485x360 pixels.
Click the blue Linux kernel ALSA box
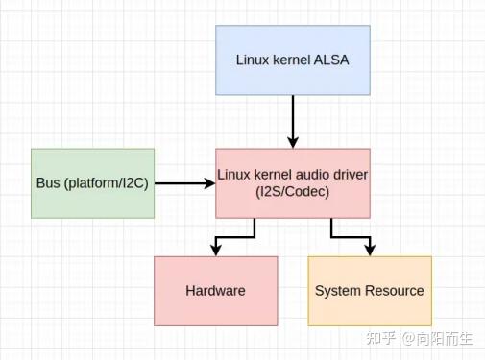coord(292,60)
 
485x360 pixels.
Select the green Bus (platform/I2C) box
coord(92,182)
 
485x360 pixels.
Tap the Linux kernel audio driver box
coord(292,182)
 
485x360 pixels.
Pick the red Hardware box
coord(215,290)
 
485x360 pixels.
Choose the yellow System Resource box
coord(369,290)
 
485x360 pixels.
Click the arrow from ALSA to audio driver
coord(292,121)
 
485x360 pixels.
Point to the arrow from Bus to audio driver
coord(184,182)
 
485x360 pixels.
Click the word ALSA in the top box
coord(330,60)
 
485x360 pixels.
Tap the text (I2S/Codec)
coord(292,191)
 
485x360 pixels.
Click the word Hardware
coord(215,290)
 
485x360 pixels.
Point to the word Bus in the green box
coord(47,182)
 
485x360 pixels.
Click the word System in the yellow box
coord(337,290)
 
